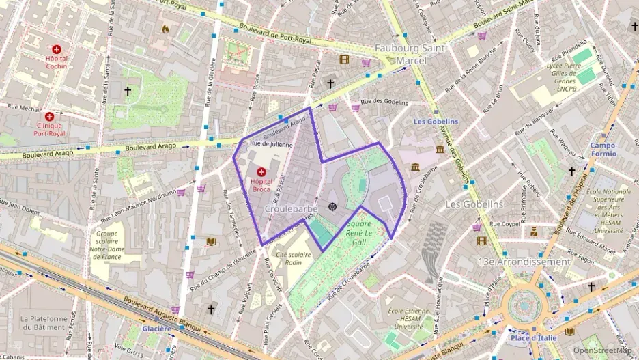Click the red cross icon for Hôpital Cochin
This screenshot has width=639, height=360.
click(x=57, y=49)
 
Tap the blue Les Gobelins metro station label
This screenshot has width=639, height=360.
click(x=436, y=122)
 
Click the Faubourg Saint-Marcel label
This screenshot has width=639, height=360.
click(x=410, y=55)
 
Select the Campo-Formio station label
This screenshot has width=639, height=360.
click(x=603, y=150)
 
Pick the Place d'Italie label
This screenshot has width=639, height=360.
click(x=532, y=337)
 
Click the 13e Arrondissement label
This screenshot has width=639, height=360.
click(x=524, y=262)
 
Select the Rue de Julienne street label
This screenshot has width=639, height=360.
click(x=271, y=144)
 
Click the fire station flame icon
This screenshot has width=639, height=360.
click(x=165, y=29)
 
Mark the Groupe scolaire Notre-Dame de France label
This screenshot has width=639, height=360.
click(x=107, y=245)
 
